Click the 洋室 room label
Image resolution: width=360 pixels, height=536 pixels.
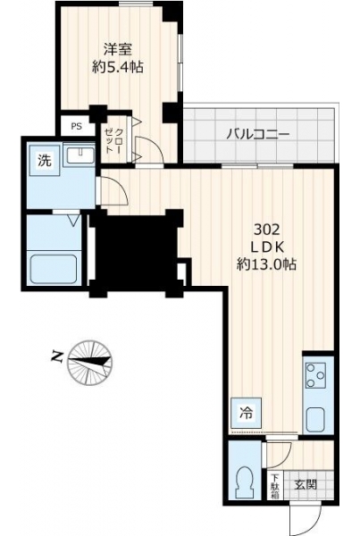click(x=118, y=50)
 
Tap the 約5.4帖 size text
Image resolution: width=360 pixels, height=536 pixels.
click(x=118, y=67)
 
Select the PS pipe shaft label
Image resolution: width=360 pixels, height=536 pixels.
click(x=77, y=126)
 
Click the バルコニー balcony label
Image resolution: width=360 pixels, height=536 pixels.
click(x=258, y=134)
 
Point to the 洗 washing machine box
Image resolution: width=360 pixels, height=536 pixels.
click(x=45, y=160)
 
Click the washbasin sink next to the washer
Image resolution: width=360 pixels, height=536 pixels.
click(x=80, y=155)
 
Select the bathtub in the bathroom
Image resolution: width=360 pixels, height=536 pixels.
click(x=54, y=269)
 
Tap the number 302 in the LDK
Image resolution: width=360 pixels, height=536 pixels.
click(x=267, y=230)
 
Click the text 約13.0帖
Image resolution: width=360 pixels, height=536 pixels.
click(x=267, y=264)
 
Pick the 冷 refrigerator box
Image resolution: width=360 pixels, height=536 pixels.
click(x=247, y=413)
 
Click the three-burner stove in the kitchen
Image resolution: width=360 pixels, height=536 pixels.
click(x=314, y=376)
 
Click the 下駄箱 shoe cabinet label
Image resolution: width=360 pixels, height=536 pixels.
click(x=275, y=485)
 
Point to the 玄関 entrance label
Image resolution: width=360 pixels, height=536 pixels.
click(x=306, y=484)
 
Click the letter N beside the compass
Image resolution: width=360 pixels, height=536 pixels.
click(x=57, y=356)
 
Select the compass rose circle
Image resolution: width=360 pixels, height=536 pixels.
click(x=90, y=363)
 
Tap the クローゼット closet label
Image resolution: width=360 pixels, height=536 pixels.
click(x=113, y=140)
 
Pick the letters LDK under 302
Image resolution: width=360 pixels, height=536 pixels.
click(x=267, y=247)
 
